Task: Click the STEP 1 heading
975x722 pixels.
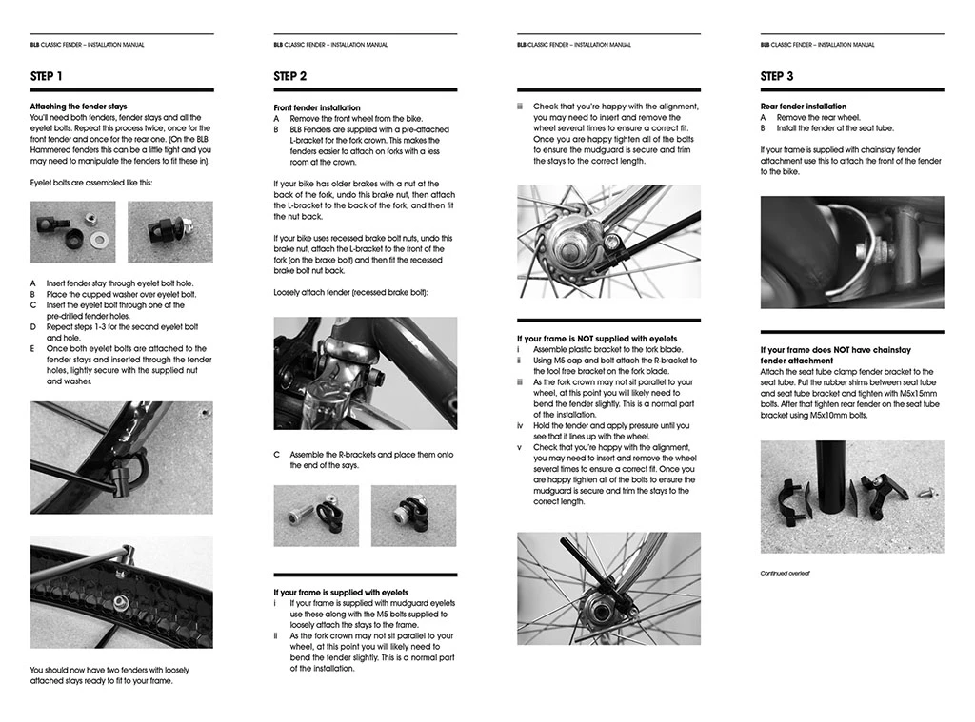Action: [47, 76]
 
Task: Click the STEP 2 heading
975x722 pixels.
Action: [290, 76]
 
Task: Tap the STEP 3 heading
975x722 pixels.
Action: [777, 76]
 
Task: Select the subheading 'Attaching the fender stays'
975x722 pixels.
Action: [78, 107]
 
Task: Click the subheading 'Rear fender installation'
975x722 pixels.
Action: [803, 107]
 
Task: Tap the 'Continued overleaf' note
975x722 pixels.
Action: [785, 574]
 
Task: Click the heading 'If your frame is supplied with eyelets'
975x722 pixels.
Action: [342, 593]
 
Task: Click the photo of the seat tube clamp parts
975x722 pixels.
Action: [851, 497]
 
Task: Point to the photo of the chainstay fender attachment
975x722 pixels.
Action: [851, 252]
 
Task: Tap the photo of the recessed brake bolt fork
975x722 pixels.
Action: [365, 373]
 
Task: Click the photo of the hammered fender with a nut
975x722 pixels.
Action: [121, 592]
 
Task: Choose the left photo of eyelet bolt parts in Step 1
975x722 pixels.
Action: [72, 231]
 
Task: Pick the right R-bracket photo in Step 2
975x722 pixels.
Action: [413, 516]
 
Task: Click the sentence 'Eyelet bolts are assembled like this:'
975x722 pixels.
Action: [90, 182]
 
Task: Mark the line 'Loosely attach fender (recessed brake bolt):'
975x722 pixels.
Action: [350, 292]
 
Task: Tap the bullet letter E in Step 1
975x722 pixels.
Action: [33, 349]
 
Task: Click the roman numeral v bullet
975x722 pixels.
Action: [520, 447]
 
